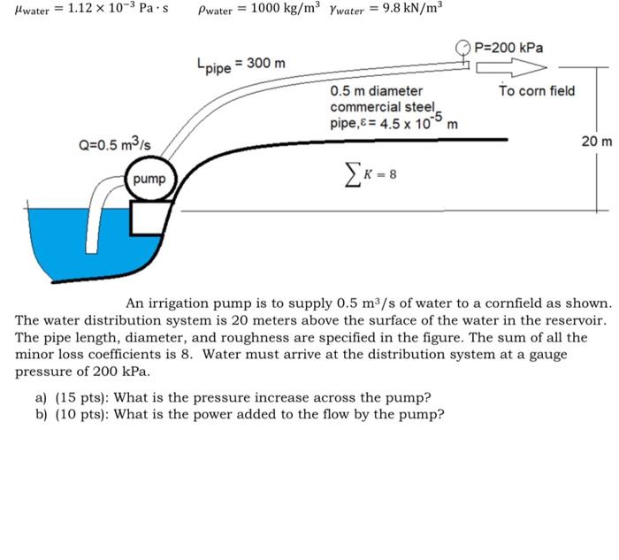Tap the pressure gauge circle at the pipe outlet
(x=463, y=48)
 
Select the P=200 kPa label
(x=508, y=48)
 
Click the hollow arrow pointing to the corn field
(x=511, y=67)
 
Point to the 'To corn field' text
(x=537, y=90)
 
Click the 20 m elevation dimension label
(x=597, y=141)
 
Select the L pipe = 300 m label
(x=241, y=65)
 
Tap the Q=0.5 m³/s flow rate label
(x=114, y=143)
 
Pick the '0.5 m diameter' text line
(x=376, y=91)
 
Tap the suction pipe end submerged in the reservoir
(x=92, y=247)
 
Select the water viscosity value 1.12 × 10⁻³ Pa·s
(x=118, y=8)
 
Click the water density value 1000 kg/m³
(x=284, y=7)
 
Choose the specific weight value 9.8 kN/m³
(x=412, y=7)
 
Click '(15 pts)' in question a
(x=82, y=397)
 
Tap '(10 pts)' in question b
(x=82, y=414)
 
